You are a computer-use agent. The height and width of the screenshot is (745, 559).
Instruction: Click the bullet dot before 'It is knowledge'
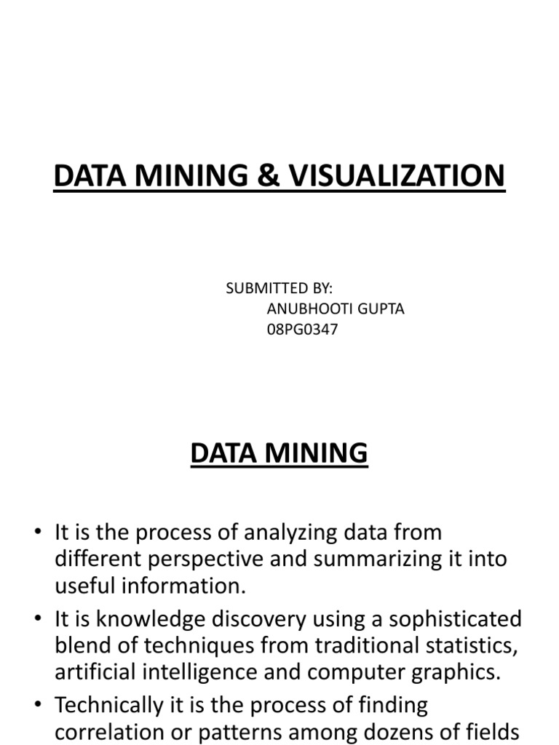[x=39, y=620]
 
